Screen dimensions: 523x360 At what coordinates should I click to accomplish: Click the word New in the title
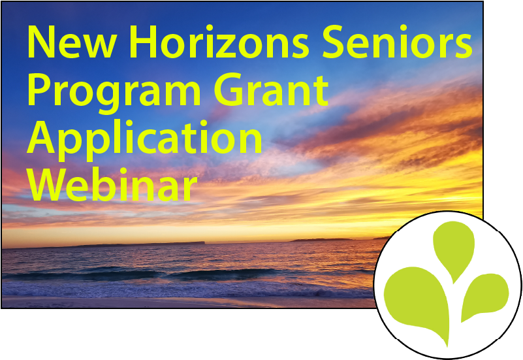[72, 42]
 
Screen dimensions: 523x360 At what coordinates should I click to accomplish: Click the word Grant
[271, 90]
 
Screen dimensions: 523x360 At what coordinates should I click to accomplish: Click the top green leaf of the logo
[454, 250]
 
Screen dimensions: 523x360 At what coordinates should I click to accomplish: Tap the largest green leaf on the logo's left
[417, 301]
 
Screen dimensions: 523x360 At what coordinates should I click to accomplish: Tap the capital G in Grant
[229, 90]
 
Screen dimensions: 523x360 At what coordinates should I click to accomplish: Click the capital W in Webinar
[45, 184]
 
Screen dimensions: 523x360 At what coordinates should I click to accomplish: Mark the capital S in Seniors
[334, 42]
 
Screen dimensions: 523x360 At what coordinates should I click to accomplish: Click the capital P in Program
[40, 90]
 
